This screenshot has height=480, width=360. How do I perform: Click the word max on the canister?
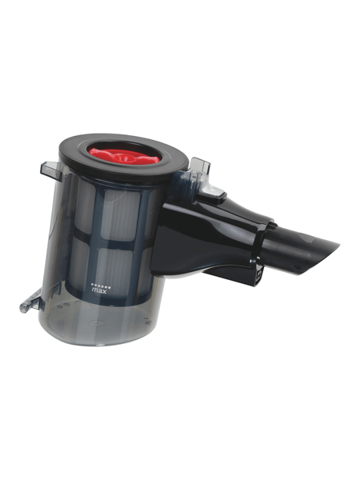pos(99,291)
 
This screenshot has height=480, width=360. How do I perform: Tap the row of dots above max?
pos(101,284)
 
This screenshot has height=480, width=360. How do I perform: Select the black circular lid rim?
pos(123,157)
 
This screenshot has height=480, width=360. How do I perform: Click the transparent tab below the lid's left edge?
pos(50,170)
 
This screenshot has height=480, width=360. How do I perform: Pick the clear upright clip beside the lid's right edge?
pos(200,167)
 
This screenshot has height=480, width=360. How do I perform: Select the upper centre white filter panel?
pos(120,214)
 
